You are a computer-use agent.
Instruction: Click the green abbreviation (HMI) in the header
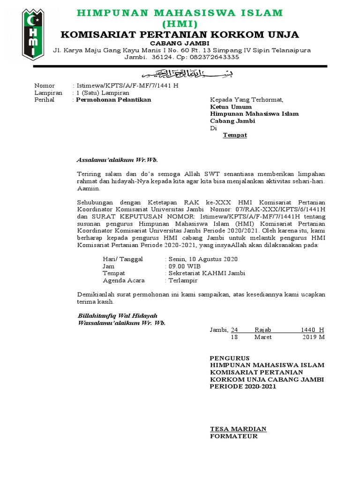click(180, 24)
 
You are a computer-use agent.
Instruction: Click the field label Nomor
click(45, 86)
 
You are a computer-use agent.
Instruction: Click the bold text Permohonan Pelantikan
click(113, 100)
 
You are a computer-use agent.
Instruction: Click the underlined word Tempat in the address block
click(235, 135)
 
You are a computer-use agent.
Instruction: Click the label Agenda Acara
click(124, 280)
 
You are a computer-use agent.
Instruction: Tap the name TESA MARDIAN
click(238, 429)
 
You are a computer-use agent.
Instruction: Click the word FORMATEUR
click(233, 436)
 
